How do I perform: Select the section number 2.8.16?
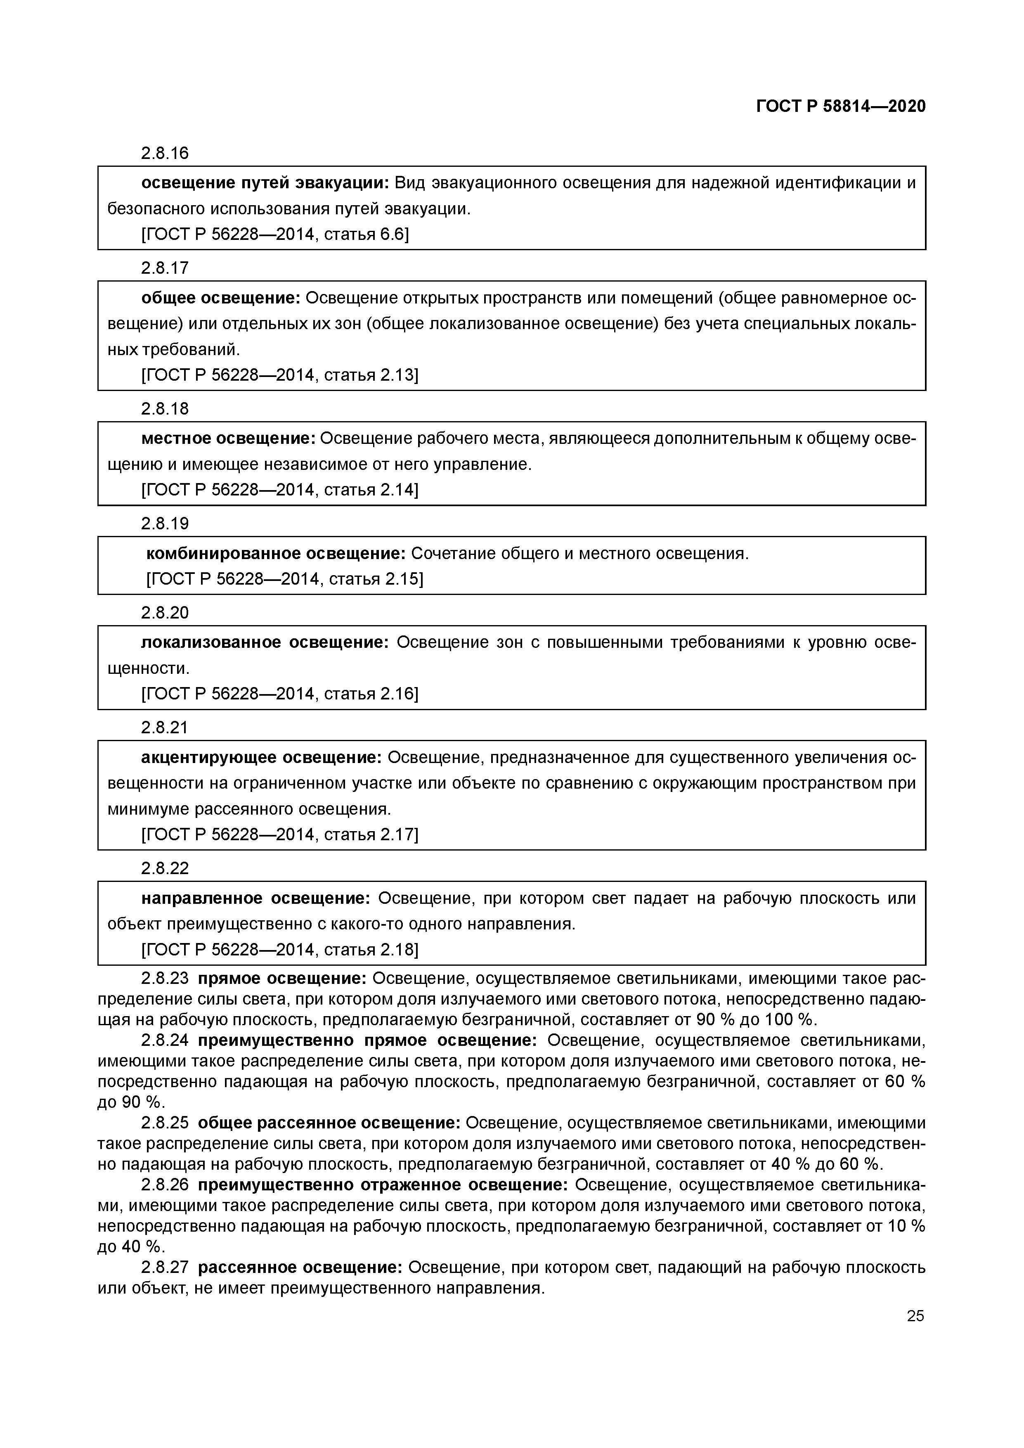[x=165, y=153]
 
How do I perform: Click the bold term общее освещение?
[x=221, y=298]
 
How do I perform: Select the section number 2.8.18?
[x=165, y=409]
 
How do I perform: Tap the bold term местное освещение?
[x=228, y=438]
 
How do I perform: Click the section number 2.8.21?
[x=165, y=728]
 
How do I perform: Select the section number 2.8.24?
[x=165, y=1040]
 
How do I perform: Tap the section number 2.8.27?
[x=165, y=1268]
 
